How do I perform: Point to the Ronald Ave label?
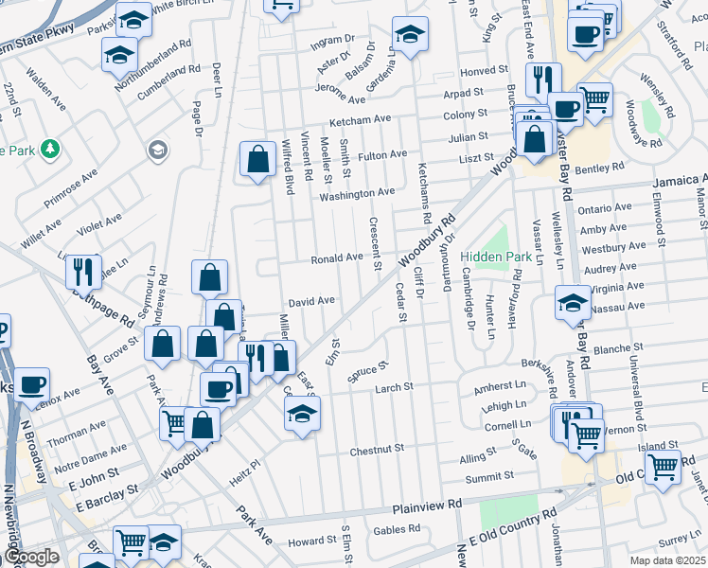[x=338, y=257]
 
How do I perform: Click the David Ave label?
[x=312, y=301]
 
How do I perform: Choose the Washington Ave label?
[x=357, y=192]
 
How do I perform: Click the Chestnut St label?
[x=377, y=449]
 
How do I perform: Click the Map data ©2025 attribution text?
[x=665, y=559]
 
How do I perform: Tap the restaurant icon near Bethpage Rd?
[x=83, y=272]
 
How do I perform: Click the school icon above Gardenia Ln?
[x=410, y=37]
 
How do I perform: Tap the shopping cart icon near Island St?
[x=663, y=466]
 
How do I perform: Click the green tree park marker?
[x=49, y=150]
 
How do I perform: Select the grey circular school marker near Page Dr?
[x=156, y=150]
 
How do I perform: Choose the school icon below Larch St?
[x=302, y=414]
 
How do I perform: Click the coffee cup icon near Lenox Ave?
[x=31, y=385]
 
